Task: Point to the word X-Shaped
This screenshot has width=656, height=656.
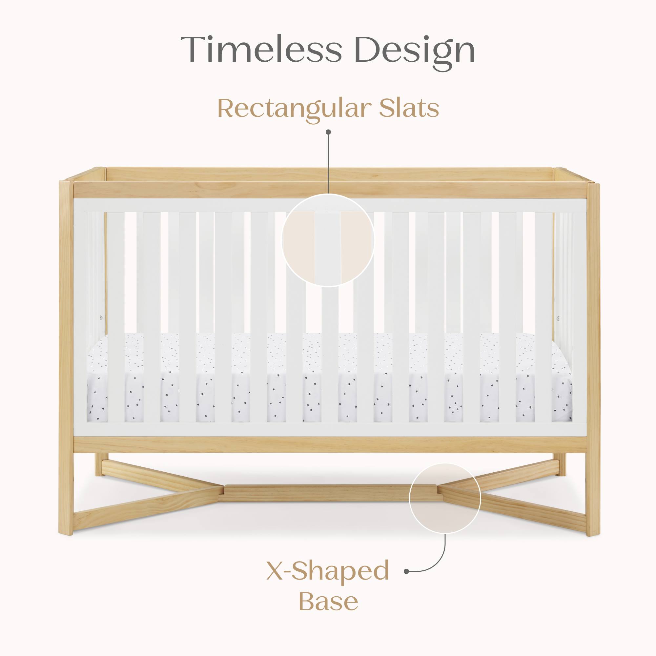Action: pos(328,571)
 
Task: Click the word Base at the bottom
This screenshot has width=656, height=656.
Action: pos(328,602)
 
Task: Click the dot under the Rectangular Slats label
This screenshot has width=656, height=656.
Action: pos(328,132)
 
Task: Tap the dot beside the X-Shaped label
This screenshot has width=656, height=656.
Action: pos(406,571)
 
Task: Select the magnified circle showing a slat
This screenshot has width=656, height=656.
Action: pos(328,240)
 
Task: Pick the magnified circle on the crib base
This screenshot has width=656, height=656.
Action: pos(445,498)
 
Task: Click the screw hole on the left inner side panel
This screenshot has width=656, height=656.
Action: pos(101,318)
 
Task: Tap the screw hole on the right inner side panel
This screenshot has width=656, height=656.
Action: pos(558,318)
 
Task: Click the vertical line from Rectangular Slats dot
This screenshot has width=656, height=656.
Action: pos(328,163)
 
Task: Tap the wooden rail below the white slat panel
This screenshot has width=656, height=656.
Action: pos(329,444)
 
